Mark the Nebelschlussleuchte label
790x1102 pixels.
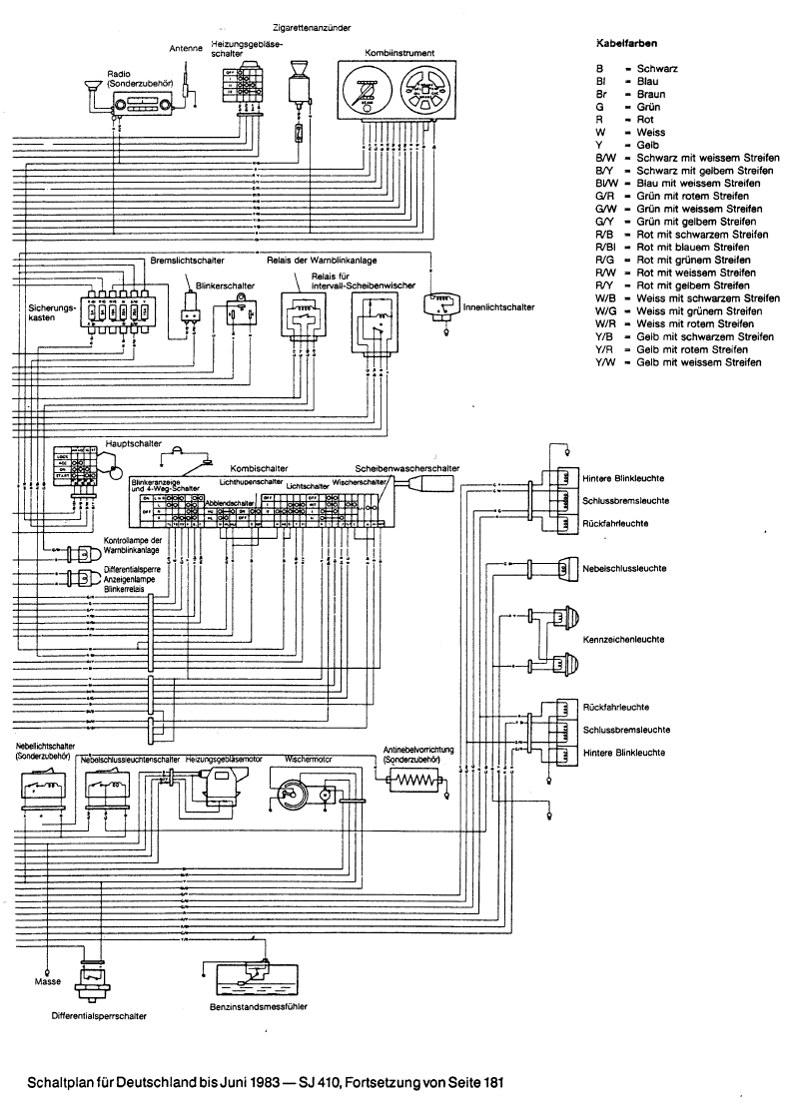[625, 568]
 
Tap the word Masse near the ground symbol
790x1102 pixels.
[47, 981]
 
